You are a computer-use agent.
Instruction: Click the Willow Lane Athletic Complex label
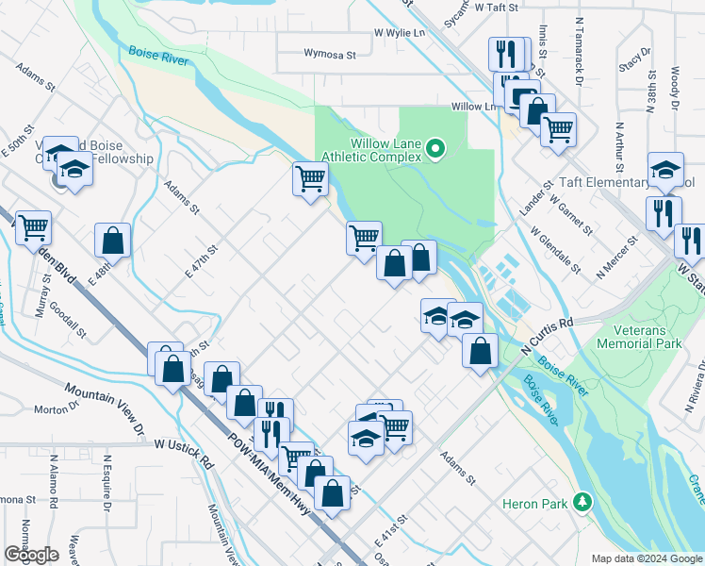384,149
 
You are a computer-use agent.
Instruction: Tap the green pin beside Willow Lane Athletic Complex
435,148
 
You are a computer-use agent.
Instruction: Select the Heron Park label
534,504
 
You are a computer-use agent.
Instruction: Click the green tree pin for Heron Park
583,501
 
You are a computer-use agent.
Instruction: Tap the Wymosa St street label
329,55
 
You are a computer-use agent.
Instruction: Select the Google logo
31,555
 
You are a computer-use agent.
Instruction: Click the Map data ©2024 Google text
647,558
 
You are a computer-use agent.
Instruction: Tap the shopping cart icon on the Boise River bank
310,176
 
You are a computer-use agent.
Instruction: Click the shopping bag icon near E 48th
112,240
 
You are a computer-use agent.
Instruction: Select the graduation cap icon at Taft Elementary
665,168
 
